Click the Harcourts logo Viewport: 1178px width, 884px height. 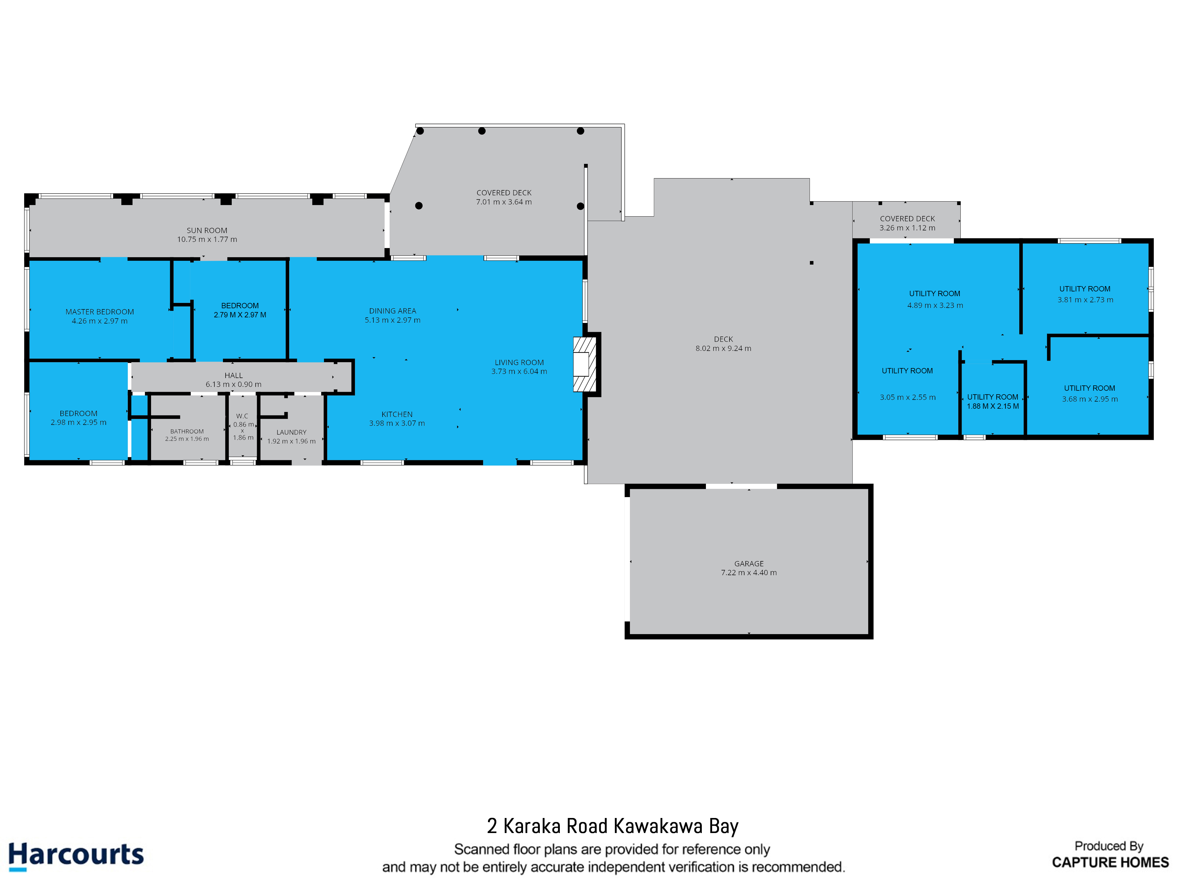[76, 855]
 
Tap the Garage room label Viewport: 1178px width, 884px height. [749, 564]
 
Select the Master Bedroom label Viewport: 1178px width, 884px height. [100, 312]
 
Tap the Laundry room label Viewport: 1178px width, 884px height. [291, 432]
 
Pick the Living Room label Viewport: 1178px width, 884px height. [519, 363]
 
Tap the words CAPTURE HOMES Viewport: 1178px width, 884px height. [1110, 862]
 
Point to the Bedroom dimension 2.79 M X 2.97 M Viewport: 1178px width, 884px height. [240, 315]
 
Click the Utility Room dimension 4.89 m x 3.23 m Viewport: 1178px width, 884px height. [935, 305]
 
